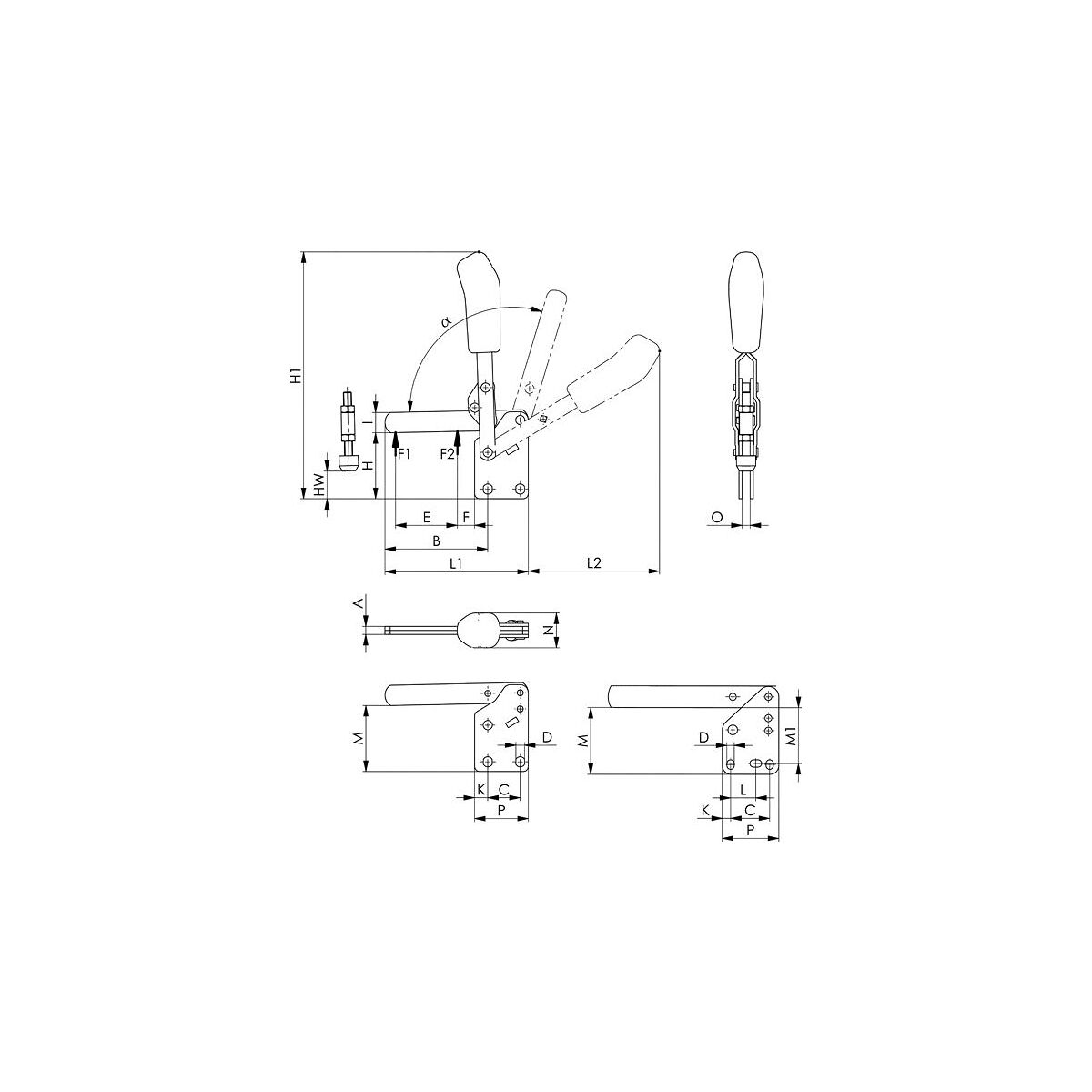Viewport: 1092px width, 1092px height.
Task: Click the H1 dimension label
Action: (295, 376)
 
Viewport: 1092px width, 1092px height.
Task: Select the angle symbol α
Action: (447, 322)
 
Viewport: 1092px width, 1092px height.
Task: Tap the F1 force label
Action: (403, 453)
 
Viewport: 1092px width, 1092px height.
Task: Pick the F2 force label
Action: (448, 453)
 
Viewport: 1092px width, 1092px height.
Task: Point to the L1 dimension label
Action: (457, 562)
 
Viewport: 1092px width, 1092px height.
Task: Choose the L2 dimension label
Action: (593, 562)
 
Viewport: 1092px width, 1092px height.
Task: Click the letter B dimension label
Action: (437, 541)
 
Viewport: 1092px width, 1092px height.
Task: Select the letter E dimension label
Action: (427, 517)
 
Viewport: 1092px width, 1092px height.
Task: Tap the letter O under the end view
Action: (717, 517)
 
